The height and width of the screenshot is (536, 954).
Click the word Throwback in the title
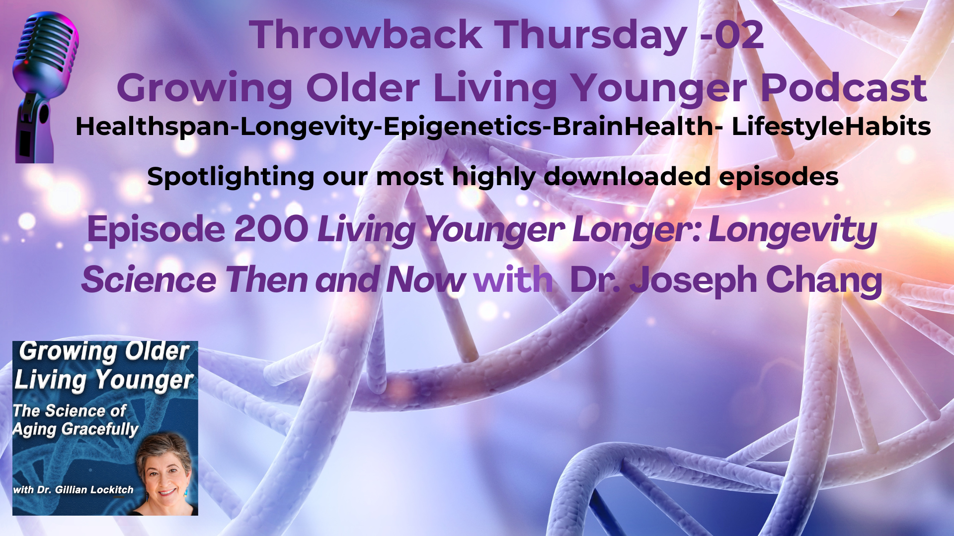click(366, 35)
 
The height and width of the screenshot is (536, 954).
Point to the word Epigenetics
click(463, 127)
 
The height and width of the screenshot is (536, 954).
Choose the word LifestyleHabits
click(831, 127)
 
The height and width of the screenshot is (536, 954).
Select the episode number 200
click(271, 229)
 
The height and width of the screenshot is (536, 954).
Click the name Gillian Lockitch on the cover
click(94, 490)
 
